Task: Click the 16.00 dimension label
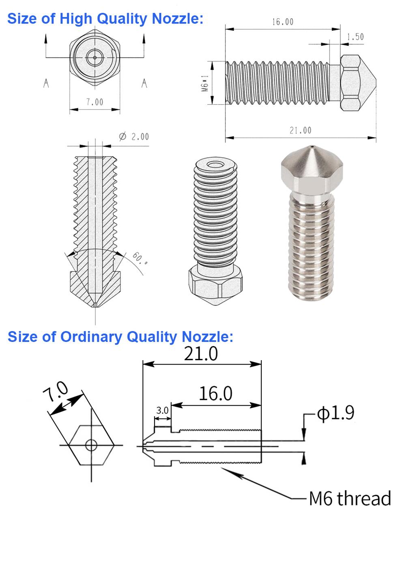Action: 283,22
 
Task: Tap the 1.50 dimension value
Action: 355,37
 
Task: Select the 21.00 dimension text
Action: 300,131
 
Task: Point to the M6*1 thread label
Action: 205,83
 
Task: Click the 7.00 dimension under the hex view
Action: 95,102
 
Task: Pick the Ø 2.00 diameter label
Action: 134,137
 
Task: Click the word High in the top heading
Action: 76,19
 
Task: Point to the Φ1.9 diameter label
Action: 335,412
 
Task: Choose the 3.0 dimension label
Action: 162,410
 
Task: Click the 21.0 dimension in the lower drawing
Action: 201,354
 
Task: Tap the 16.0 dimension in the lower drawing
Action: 215,394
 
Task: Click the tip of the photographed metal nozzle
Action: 313,146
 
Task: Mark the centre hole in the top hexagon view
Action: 95,58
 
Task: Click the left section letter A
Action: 46,83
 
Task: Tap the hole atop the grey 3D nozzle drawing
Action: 215,165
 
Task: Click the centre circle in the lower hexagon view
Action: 91,445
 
